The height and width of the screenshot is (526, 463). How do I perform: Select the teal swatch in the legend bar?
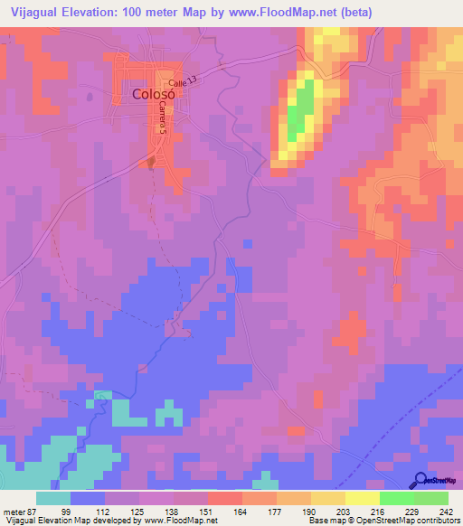(53, 498)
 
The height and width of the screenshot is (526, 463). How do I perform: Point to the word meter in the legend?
(12, 511)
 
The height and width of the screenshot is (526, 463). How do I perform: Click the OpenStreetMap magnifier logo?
(421, 480)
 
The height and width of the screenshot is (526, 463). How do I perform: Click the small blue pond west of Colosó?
(89, 96)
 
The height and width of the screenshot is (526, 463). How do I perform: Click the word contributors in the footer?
(437, 521)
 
